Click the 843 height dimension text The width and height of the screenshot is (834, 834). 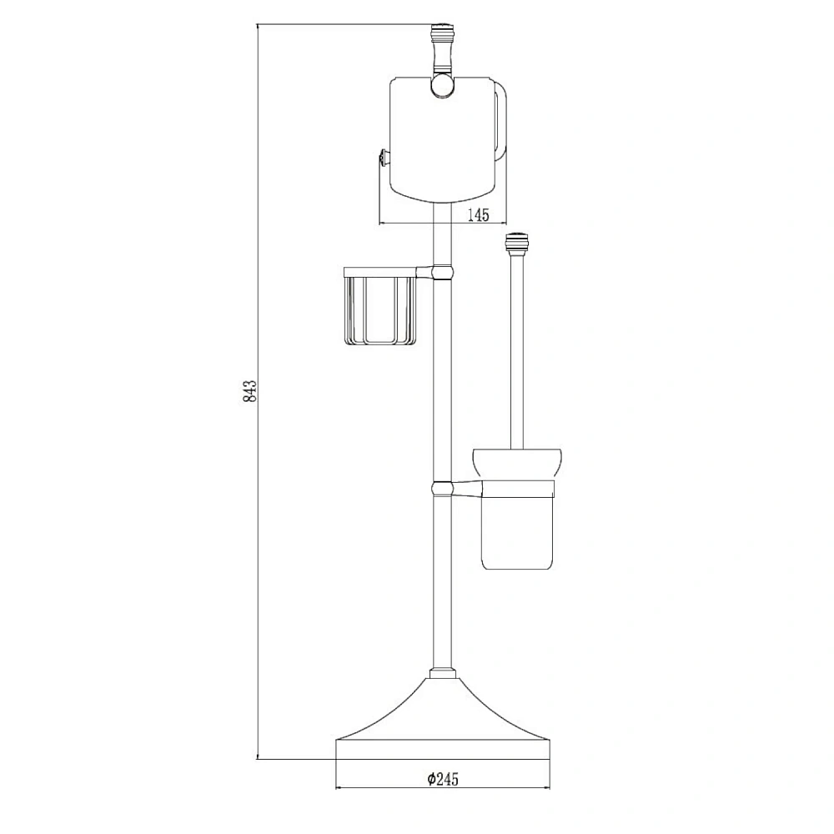(251, 390)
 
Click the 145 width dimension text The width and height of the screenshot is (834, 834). (478, 215)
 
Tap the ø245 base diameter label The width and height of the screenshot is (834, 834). (443, 779)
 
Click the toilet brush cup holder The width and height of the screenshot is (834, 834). (517, 525)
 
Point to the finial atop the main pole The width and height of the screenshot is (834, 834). (443, 48)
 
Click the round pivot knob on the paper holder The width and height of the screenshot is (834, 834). (443, 86)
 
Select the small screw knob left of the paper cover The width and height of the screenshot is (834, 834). (384, 158)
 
